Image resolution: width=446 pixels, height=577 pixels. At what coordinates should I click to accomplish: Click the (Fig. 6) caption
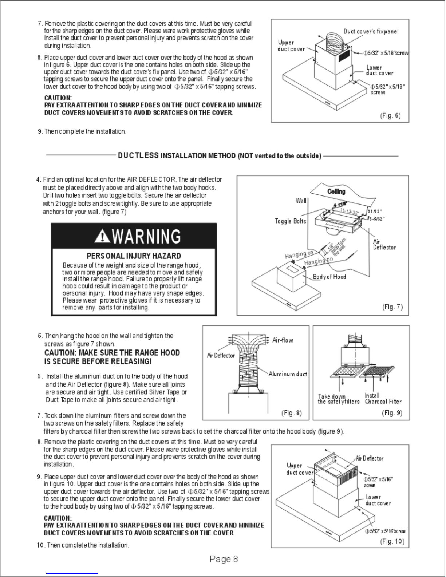(390, 116)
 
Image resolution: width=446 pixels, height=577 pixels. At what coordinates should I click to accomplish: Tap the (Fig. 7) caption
(392, 307)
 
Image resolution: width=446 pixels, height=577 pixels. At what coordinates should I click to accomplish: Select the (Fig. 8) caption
(292, 413)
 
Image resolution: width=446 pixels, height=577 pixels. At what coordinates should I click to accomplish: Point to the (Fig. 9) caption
(392, 413)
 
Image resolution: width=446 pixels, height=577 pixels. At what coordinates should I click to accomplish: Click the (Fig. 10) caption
(392, 541)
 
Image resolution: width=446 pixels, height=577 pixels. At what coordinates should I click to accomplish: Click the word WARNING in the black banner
(146, 237)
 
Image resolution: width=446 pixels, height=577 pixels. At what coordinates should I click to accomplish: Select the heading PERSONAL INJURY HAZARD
(134, 256)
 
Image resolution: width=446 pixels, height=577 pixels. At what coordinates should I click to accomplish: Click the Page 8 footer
(224, 559)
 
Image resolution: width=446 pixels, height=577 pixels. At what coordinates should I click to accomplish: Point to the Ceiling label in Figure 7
(336, 191)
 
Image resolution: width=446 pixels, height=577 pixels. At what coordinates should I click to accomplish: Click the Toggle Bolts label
(290, 221)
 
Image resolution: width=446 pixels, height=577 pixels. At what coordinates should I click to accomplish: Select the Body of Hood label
(329, 277)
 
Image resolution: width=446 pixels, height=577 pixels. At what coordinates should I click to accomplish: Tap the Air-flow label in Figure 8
(283, 340)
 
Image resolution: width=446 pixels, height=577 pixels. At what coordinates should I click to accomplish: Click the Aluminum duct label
(288, 374)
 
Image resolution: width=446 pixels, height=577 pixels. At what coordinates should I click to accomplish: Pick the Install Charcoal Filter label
(383, 398)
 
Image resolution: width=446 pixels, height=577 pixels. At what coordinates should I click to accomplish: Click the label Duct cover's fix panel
(371, 32)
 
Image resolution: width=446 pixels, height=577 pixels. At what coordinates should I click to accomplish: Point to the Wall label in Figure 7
(301, 201)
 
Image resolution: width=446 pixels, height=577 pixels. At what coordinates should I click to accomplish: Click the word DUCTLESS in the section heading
(138, 156)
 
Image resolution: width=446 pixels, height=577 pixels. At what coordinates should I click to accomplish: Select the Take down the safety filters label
(338, 399)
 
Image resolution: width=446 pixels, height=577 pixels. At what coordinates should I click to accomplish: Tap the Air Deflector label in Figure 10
(370, 458)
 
